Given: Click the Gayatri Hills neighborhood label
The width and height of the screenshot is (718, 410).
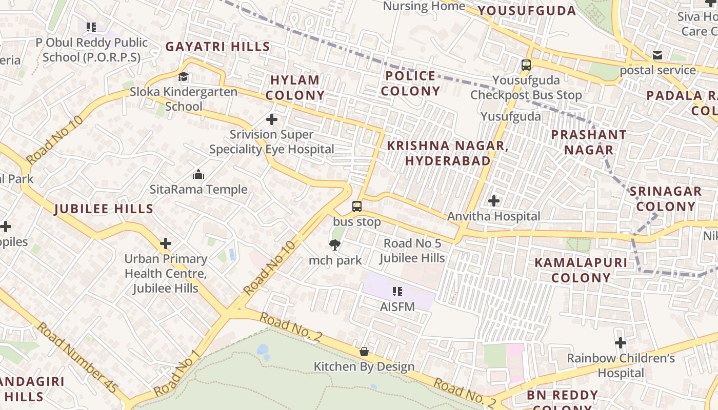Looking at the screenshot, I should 217,47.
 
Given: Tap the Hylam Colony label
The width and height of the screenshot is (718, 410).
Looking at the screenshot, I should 295,88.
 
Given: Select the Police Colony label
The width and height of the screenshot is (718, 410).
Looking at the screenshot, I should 410,84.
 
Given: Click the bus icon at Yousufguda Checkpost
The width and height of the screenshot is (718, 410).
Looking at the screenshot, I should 526,65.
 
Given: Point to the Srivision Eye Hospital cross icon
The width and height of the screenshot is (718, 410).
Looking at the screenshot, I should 272,120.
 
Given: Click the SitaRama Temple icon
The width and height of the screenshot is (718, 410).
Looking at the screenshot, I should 198,175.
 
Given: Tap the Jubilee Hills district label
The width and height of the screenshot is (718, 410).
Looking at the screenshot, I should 104,209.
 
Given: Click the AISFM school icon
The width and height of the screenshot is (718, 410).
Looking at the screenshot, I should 397,292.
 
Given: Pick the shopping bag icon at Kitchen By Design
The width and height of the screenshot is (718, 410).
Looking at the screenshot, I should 364,352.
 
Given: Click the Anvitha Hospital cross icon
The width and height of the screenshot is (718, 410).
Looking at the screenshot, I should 494,201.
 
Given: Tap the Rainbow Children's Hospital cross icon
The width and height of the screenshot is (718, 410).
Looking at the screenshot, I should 621,342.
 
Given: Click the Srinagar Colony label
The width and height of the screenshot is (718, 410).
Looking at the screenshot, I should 665,199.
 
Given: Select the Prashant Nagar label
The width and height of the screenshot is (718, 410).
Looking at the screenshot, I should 588,142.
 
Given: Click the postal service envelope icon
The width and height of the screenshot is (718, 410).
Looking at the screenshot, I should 657,55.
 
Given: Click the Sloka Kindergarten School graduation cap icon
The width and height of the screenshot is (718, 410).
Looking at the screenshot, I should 183,77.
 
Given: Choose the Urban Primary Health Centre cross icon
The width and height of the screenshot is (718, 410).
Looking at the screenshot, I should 166,243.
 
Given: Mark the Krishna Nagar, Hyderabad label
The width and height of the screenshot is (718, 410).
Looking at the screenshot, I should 447,153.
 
